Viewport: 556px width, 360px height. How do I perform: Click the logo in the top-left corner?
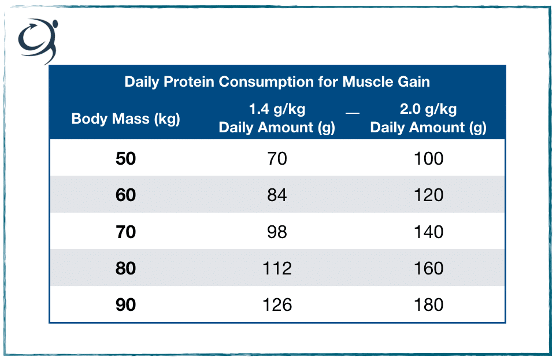click(x=38, y=40)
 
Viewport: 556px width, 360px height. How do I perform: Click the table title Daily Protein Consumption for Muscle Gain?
click(x=277, y=81)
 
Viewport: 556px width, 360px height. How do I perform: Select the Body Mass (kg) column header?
click(x=125, y=119)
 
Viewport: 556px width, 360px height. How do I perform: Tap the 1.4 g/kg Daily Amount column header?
click(x=277, y=118)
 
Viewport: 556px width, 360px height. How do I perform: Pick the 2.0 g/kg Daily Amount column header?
click(x=428, y=118)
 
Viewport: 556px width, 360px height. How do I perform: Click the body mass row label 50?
click(x=125, y=158)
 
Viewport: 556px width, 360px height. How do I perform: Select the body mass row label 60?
click(x=125, y=195)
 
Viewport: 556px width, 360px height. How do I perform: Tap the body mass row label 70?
click(x=125, y=232)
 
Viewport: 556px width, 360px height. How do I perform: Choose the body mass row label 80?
click(x=125, y=268)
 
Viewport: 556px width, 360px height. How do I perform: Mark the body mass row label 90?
click(x=125, y=305)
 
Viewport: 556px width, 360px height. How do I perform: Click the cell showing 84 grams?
click(x=277, y=195)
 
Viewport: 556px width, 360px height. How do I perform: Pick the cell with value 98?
click(x=277, y=232)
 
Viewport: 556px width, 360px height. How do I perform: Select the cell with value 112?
click(x=277, y=268)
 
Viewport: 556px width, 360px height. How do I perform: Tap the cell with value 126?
click(x=277, y=305)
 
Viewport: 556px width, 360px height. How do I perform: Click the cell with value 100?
click(x=428, y=158)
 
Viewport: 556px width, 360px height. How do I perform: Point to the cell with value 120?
click(x=428, y=195)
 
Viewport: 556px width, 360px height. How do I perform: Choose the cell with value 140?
click(x=428, y=232)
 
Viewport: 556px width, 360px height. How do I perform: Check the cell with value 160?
click(x=428, y=268)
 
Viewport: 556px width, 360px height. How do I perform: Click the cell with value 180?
click(x=428, y=305)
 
